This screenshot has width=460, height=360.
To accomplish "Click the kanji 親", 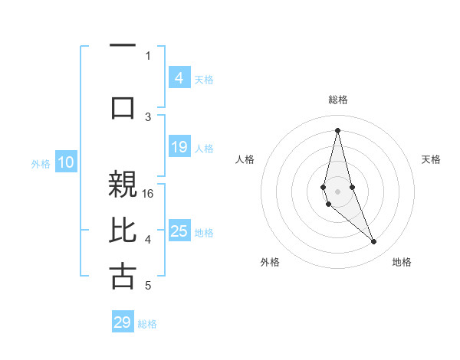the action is tap(123, 184).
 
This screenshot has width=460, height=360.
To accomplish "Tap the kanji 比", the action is tap(123, 230).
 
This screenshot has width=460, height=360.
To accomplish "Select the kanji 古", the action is tap(123, 275).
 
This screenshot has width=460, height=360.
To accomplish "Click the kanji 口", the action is tap(123, 106).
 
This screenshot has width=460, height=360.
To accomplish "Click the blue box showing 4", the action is tap(179, 78).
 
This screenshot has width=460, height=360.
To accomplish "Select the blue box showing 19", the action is tap(179, 147).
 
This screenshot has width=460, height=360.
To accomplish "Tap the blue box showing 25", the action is tap(179, 231).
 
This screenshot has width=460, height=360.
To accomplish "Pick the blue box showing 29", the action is tap(123, 322).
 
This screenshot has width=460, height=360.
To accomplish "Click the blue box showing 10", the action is tap(66, 162).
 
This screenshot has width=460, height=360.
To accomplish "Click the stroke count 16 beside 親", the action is tap(149, 193).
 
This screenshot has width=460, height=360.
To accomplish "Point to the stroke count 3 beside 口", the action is tap(148, 116).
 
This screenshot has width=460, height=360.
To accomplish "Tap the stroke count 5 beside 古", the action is tap(148, 286).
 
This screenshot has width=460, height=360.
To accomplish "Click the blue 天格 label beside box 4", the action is tap(204, 80).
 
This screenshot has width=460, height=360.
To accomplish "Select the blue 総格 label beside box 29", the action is tap(147, 324).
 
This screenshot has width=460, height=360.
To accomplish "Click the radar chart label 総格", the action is tap(337, 100).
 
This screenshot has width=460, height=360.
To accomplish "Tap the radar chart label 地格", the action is tap(402, 262).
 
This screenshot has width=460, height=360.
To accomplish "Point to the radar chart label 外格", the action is tap(270, 262).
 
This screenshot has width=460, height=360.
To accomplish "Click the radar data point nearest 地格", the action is tap(373, 241).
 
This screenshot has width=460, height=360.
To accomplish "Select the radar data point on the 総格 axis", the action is tap(337, 129).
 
